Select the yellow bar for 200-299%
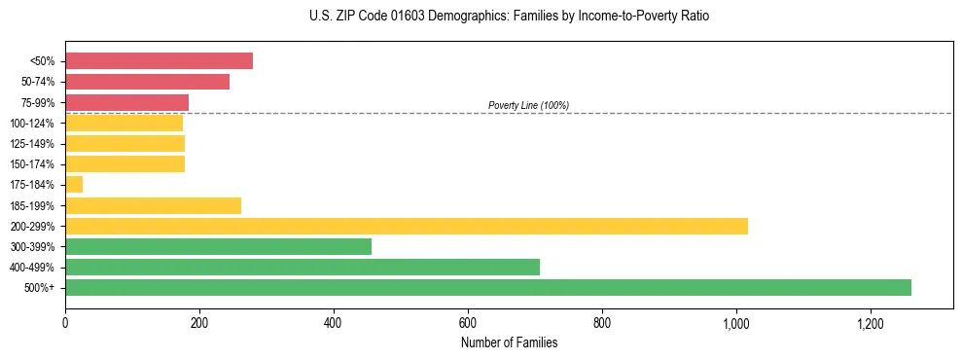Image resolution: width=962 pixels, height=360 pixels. point(407,226)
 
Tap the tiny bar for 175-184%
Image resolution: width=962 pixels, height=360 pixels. point(74,184)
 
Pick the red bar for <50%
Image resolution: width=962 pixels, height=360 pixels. point(159,60)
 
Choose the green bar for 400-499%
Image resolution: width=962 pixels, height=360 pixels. point(303,267)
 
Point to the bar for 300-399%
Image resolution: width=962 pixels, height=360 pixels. point(218,246)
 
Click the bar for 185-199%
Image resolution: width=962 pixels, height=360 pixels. point(153,205)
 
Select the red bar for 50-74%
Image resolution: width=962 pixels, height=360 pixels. point(147,82)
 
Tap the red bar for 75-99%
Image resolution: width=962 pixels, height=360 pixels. point(126,102)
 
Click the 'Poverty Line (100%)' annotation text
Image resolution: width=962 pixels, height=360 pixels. point(528,105)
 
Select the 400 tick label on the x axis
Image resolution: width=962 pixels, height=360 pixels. point(334,324)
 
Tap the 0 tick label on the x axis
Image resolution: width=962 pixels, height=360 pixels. point(65,324)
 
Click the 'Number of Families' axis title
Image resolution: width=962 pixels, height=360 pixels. point(509,342)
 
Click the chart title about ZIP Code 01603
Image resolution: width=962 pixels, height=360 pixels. point(510,17)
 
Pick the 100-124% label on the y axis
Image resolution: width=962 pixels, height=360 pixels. point(32,124)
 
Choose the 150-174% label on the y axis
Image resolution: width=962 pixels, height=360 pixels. point(32,164)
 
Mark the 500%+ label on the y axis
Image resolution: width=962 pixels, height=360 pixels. point(40,288)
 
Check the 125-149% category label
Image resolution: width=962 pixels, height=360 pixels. point(32,144)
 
